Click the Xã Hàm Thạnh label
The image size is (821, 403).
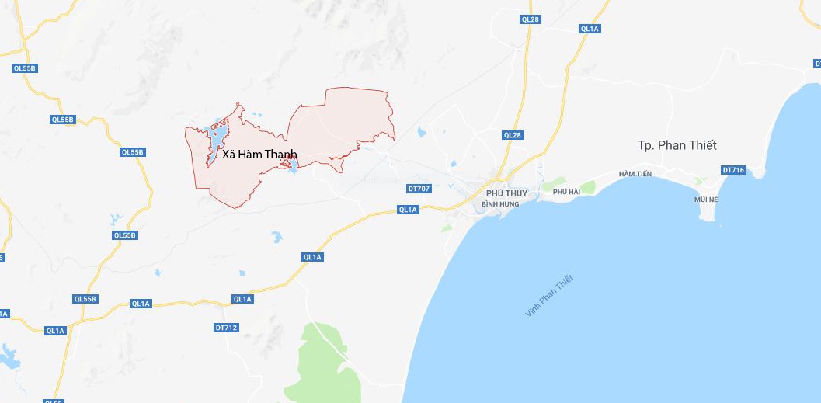[259, 155]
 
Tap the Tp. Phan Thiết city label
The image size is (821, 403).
[677, 145]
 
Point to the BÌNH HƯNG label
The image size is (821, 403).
[499, 203]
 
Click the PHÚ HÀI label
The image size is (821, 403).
[566, 191]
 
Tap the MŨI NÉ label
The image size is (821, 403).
[707, 200]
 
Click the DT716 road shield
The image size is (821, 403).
[733, 170]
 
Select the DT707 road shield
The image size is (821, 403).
[418, 189]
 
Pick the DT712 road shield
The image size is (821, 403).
[225, 328]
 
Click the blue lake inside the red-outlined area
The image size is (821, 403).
[217, 141]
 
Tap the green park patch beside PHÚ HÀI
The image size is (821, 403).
[586, 187]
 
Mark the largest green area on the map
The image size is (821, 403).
[326, 357]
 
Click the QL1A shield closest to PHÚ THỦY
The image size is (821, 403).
[408, 210]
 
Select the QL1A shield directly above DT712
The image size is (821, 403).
[242, 299]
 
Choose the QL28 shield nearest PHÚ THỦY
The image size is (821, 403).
[513, 135]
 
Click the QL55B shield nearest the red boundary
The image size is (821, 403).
[132, 152]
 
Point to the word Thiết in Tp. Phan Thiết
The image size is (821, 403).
[701, 145]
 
